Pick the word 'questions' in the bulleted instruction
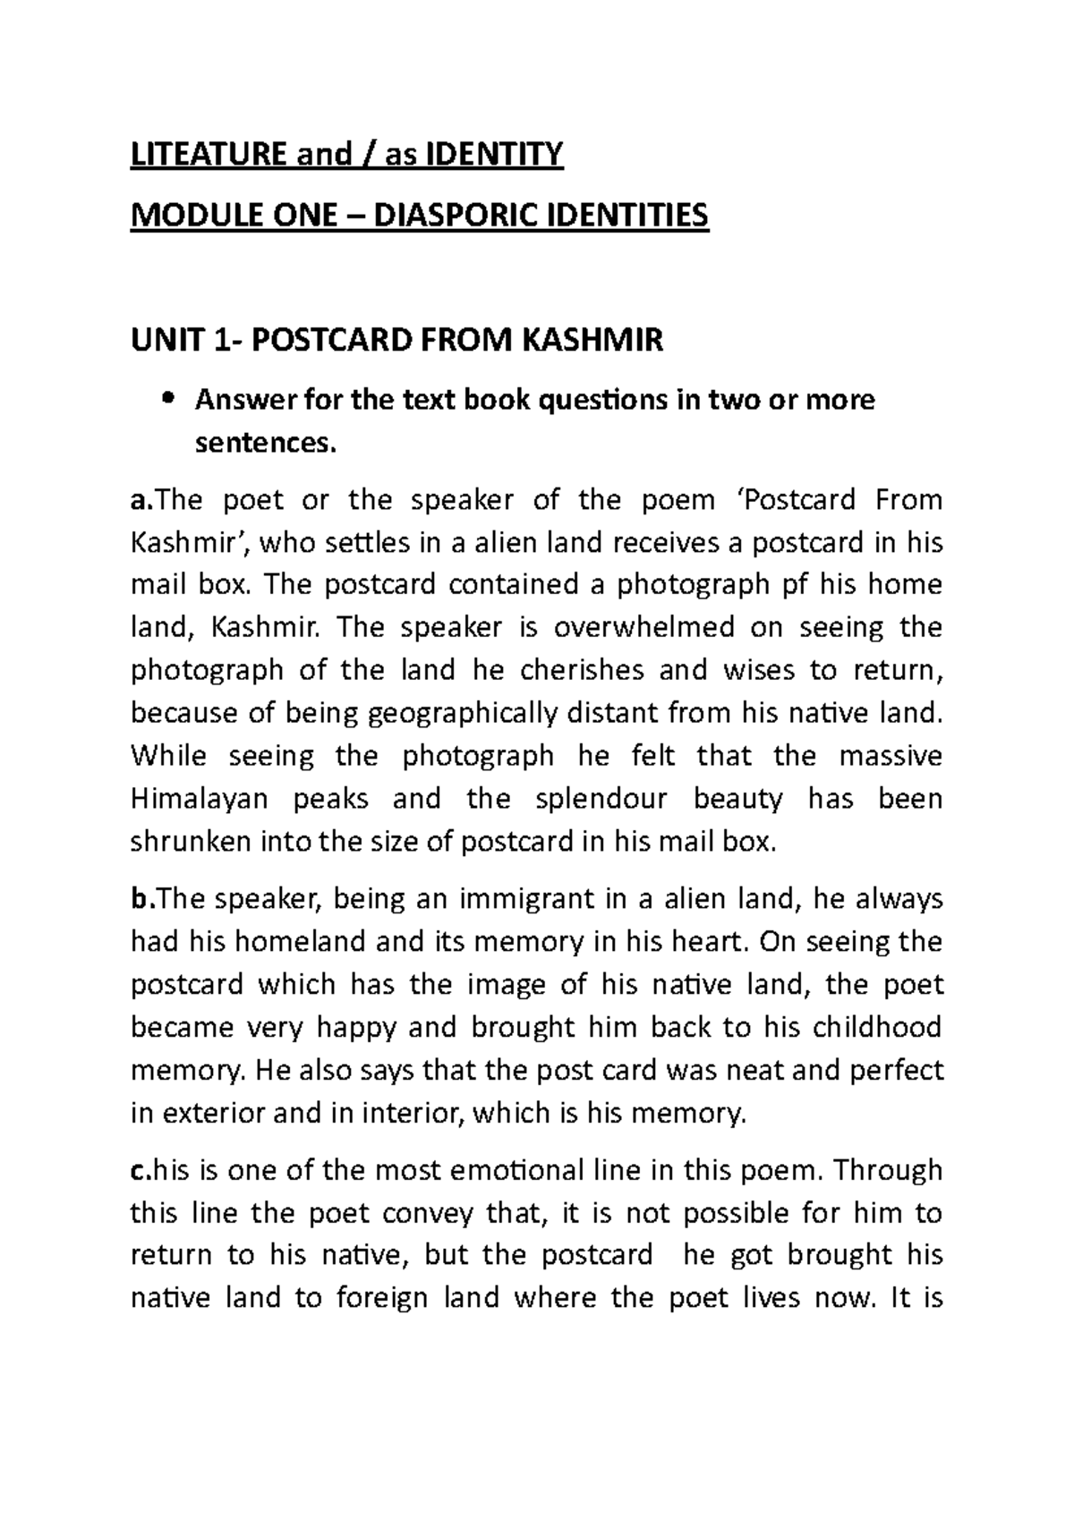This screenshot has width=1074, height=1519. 602,400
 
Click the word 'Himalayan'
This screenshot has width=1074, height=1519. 200,798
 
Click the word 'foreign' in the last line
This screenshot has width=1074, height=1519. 382,1298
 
